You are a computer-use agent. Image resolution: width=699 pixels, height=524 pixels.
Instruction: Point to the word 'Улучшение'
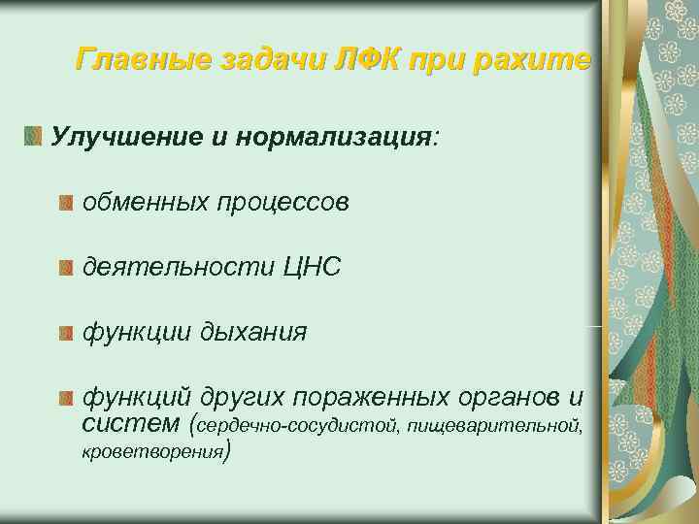click(114, 137)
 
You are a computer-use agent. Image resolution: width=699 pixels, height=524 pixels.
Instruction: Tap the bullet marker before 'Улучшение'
click(35, 137)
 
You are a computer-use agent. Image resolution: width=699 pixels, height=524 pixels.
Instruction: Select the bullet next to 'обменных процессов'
click(65, 203)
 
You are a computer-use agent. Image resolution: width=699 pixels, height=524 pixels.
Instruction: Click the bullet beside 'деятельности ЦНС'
click(65, 268)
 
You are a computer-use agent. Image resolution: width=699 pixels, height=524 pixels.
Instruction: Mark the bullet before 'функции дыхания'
click(65, 333)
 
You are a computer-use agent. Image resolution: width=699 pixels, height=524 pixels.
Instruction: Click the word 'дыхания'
click(253, 333)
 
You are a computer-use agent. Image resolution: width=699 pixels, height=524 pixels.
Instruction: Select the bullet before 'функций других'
click(65, 398)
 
